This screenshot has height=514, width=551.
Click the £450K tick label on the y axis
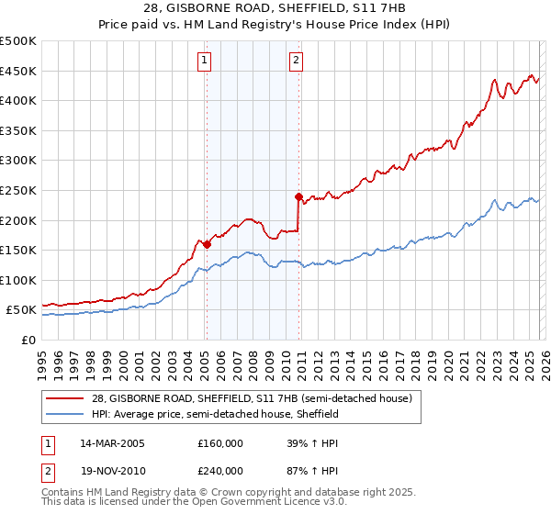[x=18, y=72]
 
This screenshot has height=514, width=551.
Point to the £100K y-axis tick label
[x=18, y=280]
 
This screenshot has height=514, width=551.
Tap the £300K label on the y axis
[x=18, y=161]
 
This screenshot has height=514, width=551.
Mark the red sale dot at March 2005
[x=207, y=244]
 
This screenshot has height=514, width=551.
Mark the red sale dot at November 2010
[x=298, y=196]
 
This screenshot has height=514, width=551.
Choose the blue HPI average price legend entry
[x=215, y=415]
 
